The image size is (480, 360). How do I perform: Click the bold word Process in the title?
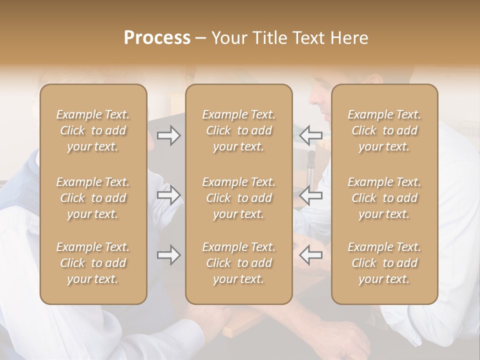tap(157, 38)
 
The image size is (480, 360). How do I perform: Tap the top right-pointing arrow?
tap(169, 135)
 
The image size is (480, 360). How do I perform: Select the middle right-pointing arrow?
tap(169, 195)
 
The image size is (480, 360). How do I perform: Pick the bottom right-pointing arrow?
tap(169, 255)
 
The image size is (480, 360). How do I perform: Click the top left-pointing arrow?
tap(311, 135)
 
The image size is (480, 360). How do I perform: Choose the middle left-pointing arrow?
tap(311, 195)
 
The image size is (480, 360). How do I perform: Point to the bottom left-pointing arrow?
tap(311, 255)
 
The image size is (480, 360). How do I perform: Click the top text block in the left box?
tap(93, 130)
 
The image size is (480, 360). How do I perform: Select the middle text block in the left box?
tap(93, 198)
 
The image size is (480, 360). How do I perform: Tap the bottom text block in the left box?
tap(93, 263)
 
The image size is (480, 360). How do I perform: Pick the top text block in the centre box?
tap(239, 130)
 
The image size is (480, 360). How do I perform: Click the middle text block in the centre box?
tap(239, 198)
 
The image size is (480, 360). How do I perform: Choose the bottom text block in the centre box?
tap(239, 263)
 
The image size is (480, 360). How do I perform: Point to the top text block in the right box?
tap(384, 130)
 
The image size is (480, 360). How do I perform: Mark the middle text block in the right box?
tap(384, 198)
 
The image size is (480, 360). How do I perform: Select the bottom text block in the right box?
tap(384, 263)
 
